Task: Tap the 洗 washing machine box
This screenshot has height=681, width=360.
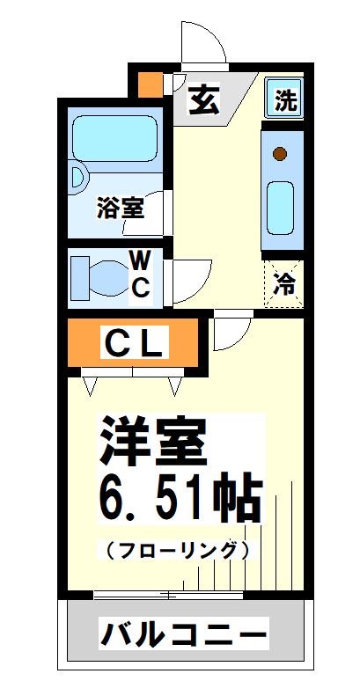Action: [x=284, y=99]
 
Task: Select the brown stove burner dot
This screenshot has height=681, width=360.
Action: [x=280, y=155]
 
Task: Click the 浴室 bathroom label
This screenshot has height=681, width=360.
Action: [x=121, y=209]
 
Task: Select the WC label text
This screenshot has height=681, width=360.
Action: [x=141, y=274]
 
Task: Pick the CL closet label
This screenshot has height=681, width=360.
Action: [x=135, y=343]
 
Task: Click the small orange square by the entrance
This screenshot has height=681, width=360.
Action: [x=151, y=84]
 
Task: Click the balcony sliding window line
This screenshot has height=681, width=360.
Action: [x=167, y=596]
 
